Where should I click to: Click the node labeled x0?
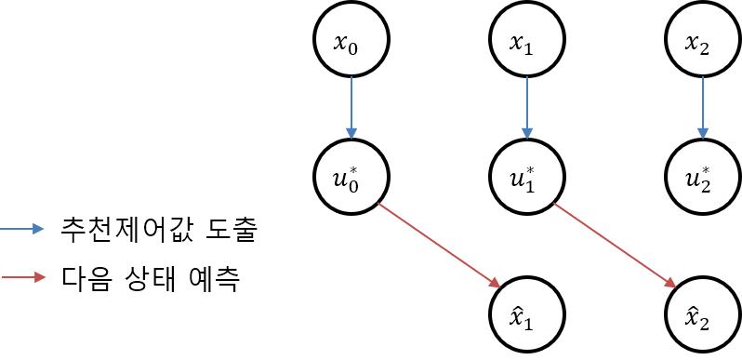coord(351,41)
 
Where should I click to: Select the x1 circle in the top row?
coord(527,41)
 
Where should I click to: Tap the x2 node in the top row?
coord(703,41)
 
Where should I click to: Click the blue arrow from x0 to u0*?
coord(351,105)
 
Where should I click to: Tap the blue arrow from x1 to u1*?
coord(527,105)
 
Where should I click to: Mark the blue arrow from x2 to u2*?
coord(703,105)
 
